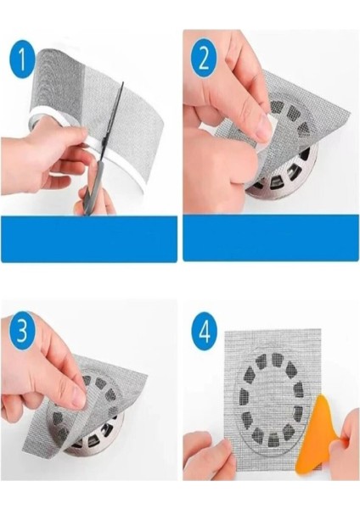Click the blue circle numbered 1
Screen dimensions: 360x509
[22, 59]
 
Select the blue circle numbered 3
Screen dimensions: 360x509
[22, 331]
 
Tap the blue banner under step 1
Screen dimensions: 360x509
[88, 238]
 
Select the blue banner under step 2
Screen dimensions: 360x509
[272, 238]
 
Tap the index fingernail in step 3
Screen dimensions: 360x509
[79, 395]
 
